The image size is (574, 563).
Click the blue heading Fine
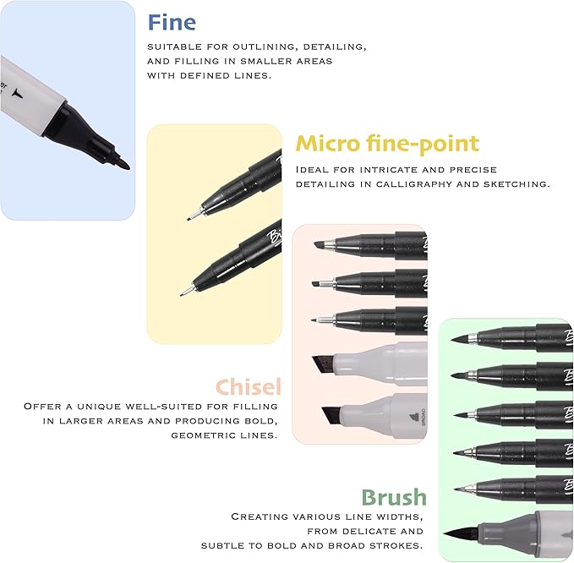[x=172, y=21]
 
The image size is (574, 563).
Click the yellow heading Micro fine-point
[x=386, y=144]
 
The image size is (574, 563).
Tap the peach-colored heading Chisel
[x=247, y=387]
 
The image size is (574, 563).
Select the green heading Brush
[x=393, y=497]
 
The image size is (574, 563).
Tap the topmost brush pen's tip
[x=457, y=338]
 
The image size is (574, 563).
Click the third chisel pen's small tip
[x=315, y=320]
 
